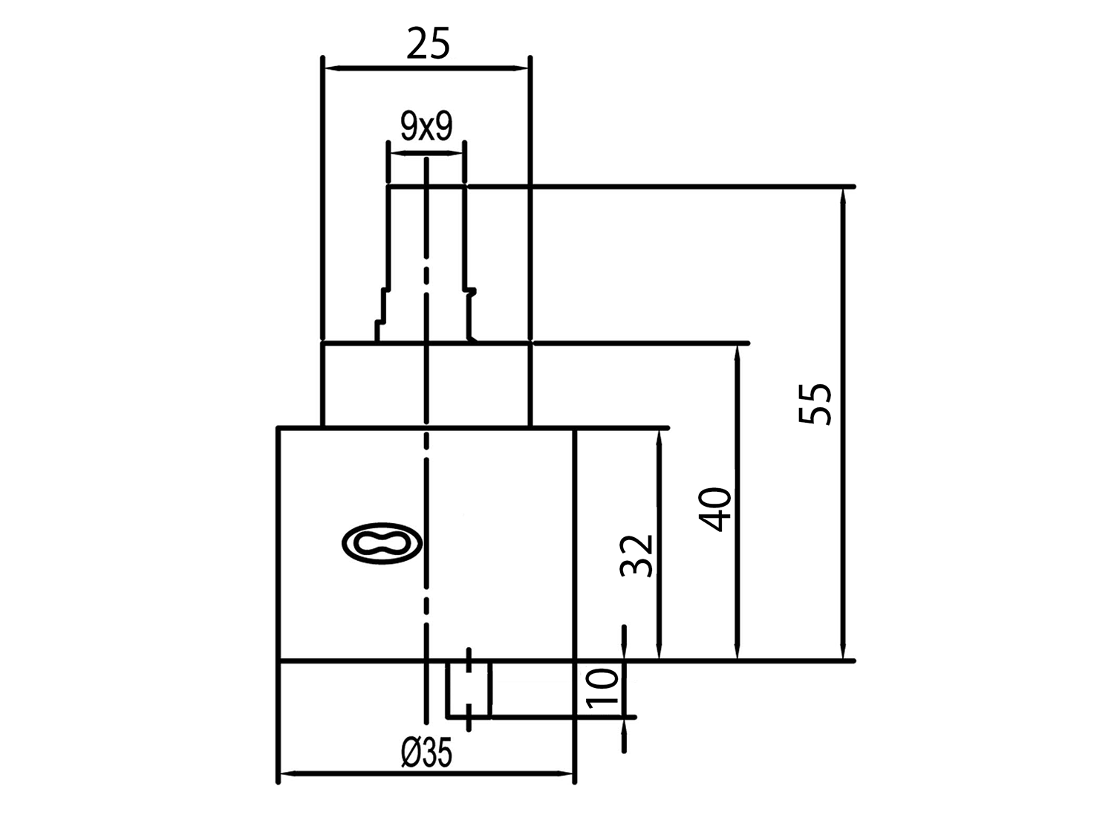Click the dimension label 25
point(429,43)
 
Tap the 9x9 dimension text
point(427,126)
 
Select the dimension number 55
point(815,403)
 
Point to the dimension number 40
point(715,510)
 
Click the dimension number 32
point(636,556)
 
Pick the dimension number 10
point(603,689)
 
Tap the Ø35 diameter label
point(427,753)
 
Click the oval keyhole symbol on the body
point(382,543)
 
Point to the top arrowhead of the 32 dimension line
point(659,437)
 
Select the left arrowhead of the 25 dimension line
point(333,68)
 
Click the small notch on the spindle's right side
point(470,291)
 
